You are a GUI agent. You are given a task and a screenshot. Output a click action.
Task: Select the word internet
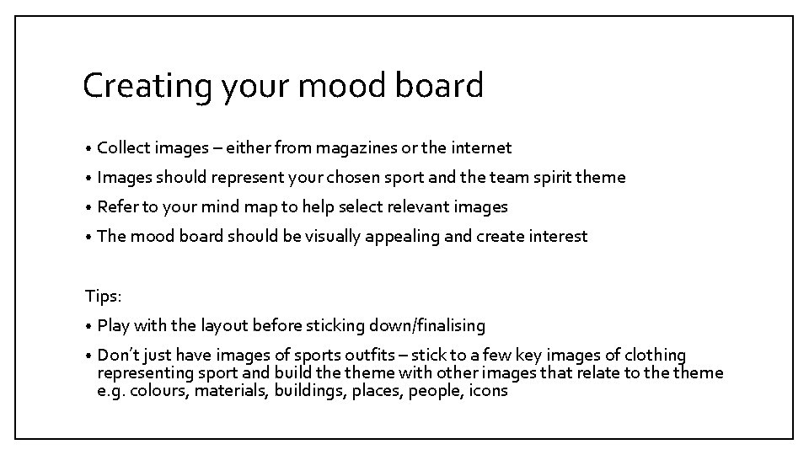(481, 148)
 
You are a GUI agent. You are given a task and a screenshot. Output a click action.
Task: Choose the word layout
(225, 325)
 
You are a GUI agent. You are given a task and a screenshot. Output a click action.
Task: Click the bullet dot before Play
(88, 326)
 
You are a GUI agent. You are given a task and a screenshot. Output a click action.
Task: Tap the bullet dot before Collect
(88, 149)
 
